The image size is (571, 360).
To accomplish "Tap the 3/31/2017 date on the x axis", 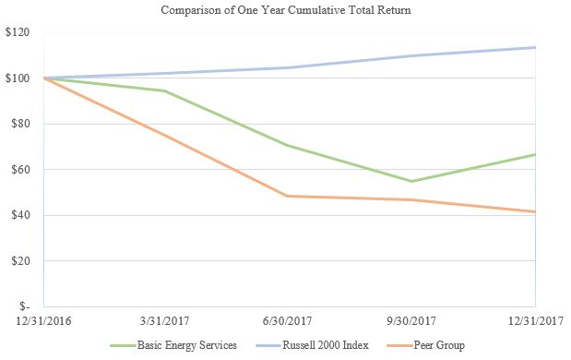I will (166, 321).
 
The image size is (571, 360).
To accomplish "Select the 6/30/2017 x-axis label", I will (289, 321).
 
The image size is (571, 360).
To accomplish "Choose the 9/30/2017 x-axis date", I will (411, 321).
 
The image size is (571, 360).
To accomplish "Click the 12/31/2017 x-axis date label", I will (534, 321).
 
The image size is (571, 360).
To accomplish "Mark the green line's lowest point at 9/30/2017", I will (411, 181).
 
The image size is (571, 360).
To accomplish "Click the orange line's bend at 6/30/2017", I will (289, 196).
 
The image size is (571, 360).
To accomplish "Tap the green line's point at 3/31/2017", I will (166, 90).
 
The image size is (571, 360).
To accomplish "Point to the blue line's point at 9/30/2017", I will (411, 55).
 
